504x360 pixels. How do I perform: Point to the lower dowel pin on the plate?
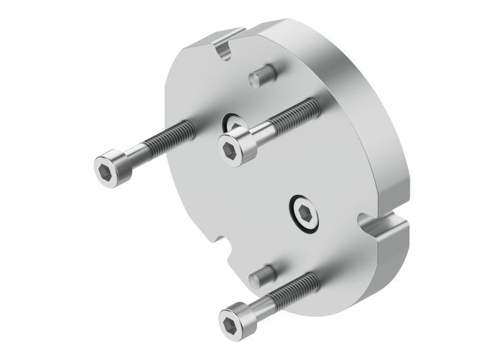(x=262, y=275)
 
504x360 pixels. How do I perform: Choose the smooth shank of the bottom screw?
(x=263, y=302)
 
